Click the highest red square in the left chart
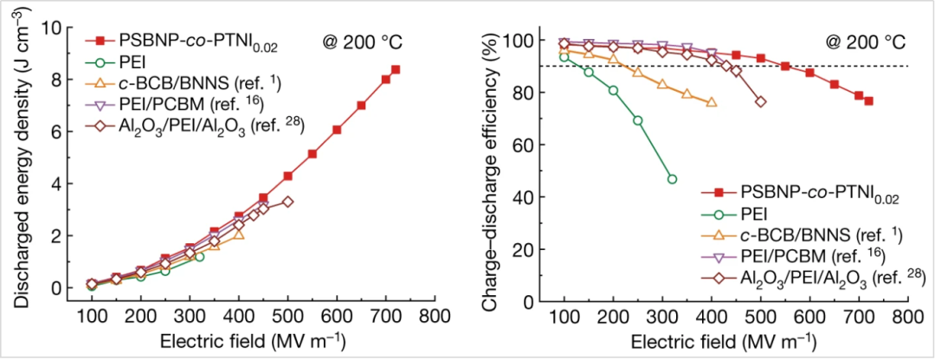396,69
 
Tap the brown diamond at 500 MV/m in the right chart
760,101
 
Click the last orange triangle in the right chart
711,102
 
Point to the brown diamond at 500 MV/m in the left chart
288,202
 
